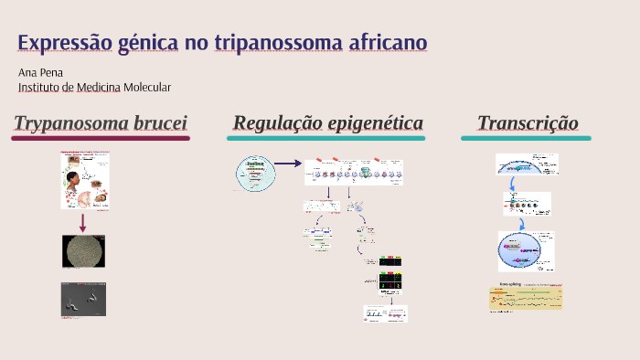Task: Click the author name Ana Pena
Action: [41, 71]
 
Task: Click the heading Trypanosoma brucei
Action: [101, 123]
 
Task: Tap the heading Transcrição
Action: [528, 123]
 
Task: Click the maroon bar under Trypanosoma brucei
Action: [101, 138]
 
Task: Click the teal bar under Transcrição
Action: [526, 138]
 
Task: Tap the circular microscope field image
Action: [83, 251]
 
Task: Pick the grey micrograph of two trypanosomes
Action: [83, 298]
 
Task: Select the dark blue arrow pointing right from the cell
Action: [288, 164]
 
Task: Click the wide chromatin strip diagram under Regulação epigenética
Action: [356, 172]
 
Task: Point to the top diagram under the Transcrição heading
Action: [526, 164]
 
